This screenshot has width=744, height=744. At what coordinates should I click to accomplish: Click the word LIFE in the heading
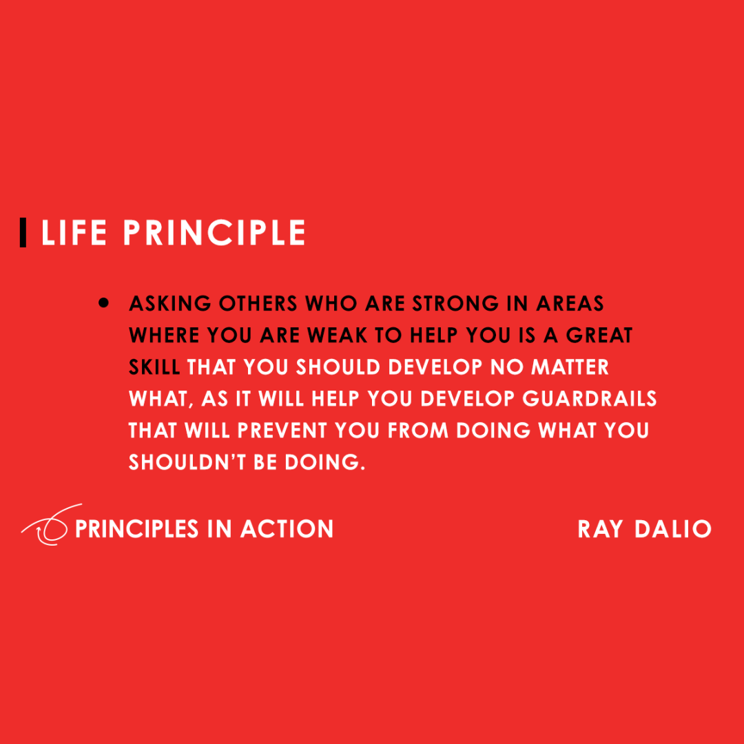pos(74,233)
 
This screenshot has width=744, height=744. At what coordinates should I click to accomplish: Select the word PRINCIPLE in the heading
pos(214,233)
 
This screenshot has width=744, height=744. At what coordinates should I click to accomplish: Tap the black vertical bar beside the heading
pos(23,233)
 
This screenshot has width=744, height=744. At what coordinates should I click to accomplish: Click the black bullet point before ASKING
pos(103,302)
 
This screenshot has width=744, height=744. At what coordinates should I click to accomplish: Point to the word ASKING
pos(170,303)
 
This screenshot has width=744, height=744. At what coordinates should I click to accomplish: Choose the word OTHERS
pos(258,303)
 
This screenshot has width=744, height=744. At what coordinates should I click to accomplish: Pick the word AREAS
pos(570,303)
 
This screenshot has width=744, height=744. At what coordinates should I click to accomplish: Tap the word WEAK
pos(338,335)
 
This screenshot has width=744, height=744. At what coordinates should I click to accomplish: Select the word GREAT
pos(599,335)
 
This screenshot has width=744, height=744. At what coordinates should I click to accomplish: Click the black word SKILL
pos(154,366)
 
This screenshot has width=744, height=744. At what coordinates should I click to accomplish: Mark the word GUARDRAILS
pos(589,399)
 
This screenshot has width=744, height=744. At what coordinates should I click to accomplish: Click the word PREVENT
pos(282,431)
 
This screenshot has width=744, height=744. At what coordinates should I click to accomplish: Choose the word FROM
pos(418,431)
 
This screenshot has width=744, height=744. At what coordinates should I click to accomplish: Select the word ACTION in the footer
pos(287,528)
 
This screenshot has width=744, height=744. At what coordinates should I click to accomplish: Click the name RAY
pos(600,528)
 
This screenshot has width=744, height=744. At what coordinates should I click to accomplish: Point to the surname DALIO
pos(673,528)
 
